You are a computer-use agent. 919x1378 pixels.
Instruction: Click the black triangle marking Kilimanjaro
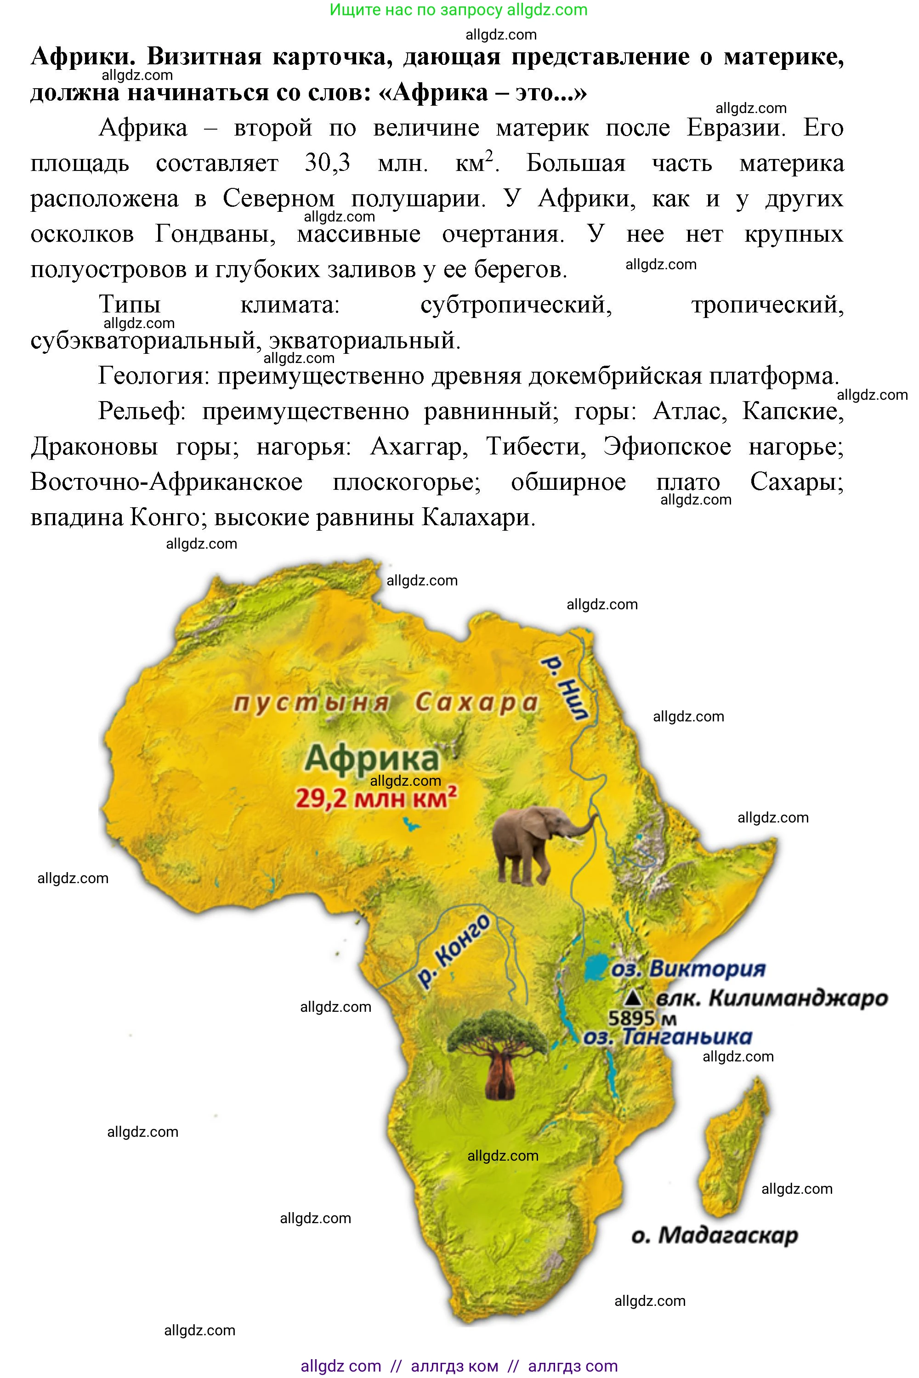[x=631, y=997]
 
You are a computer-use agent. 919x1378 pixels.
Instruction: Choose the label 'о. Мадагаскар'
[x=715, y=1235]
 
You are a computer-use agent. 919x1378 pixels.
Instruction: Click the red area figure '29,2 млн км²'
[x=375, y=798]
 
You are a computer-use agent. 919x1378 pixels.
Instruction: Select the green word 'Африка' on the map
[x=372, y=759]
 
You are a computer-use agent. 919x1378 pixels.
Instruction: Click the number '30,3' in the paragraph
[x=327, y=164]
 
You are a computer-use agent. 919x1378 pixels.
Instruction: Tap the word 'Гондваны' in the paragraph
[x=215, y=234]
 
